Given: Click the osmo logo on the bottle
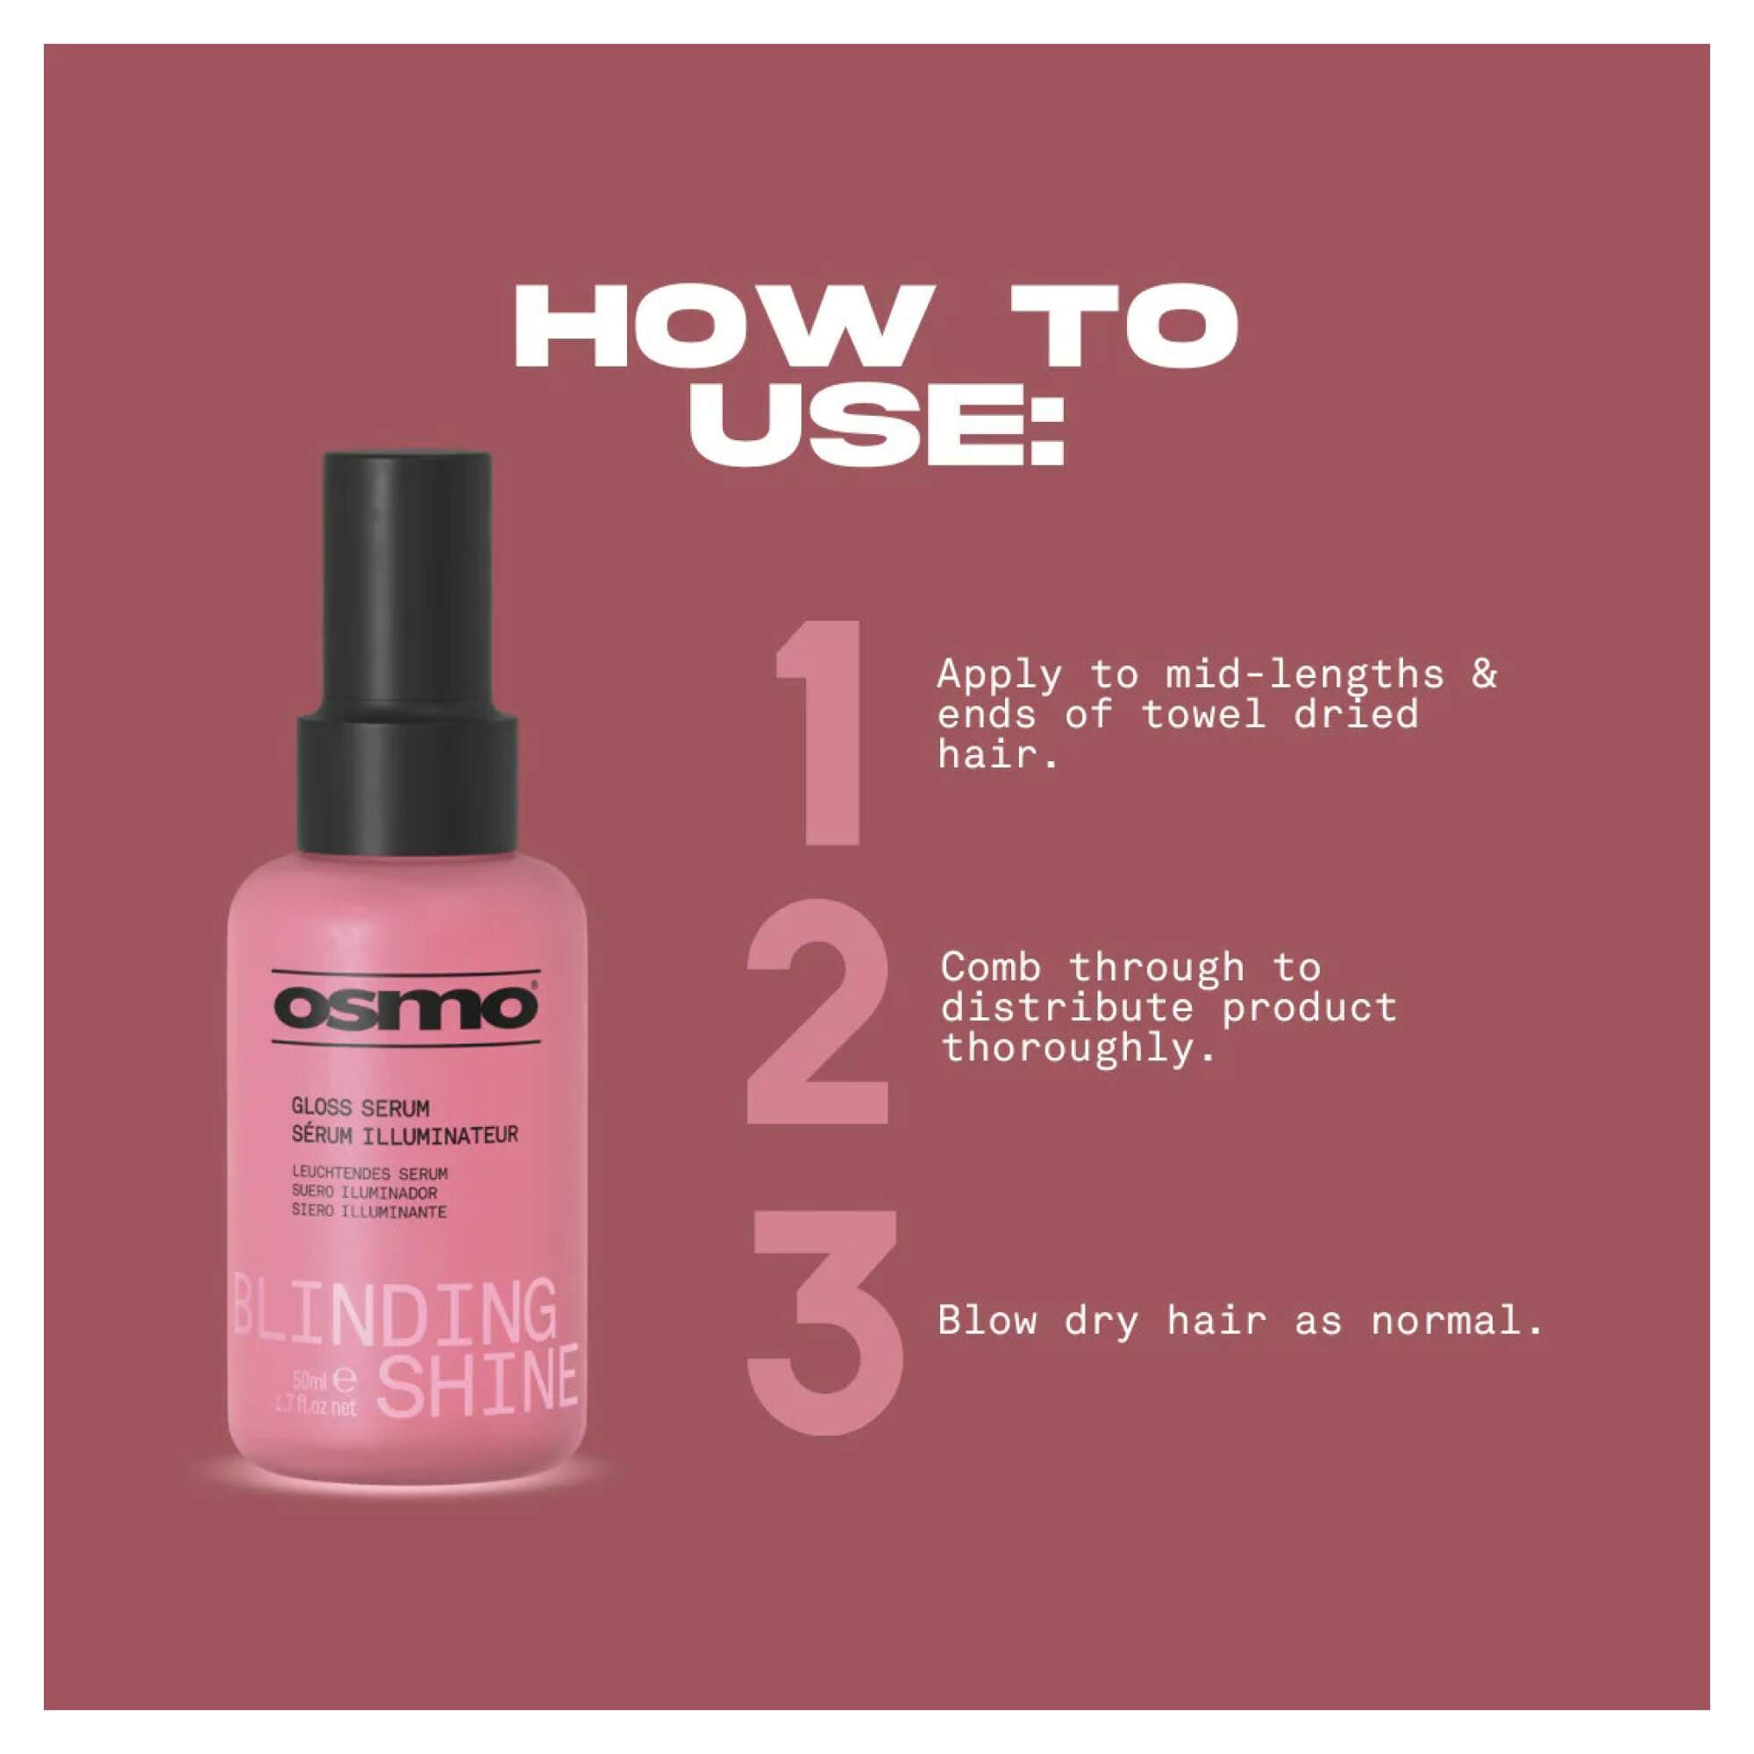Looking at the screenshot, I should [x=406, y=1008].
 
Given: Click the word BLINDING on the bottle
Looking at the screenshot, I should [x=395, y=1313].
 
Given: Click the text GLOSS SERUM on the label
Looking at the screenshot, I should [x=360, y=1108].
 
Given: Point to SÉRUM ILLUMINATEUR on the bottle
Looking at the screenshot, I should [x=404, y=1135].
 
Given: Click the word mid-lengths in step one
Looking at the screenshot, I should [x=1305, y=674].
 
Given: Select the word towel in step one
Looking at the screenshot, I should [x=1204, y=715].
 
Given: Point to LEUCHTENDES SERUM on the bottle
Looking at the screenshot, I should [x=369, y=1174].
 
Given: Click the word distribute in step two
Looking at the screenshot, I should [x=1067, y=1008].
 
